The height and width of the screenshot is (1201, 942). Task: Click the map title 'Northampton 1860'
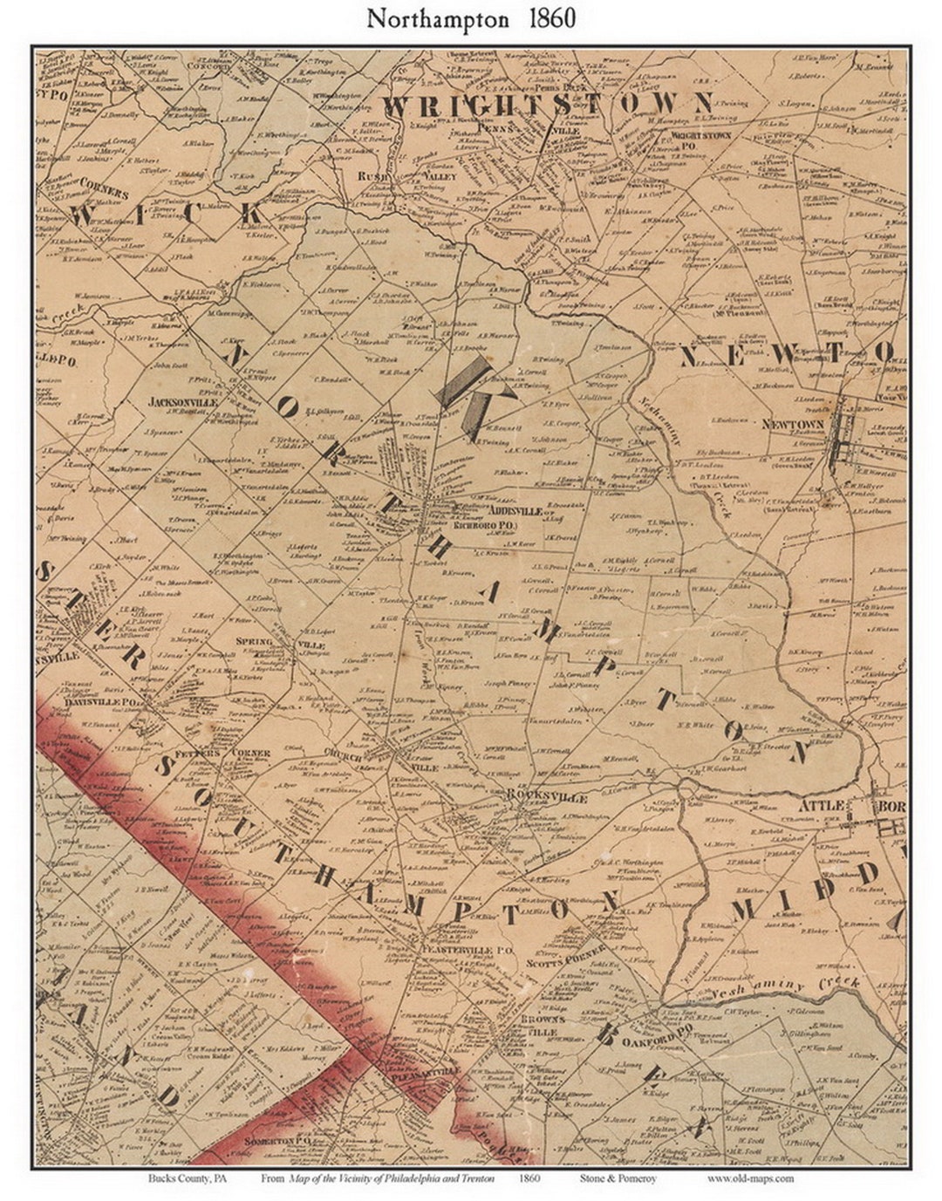[470, 19]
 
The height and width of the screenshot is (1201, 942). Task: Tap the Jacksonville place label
[182, 403]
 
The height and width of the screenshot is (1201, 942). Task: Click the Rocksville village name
[547, 797]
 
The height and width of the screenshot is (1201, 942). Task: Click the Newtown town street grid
[843, 443]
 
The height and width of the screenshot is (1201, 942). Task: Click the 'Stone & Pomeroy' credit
[615, 1178]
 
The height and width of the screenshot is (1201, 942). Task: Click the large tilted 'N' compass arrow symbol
[470, 397]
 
